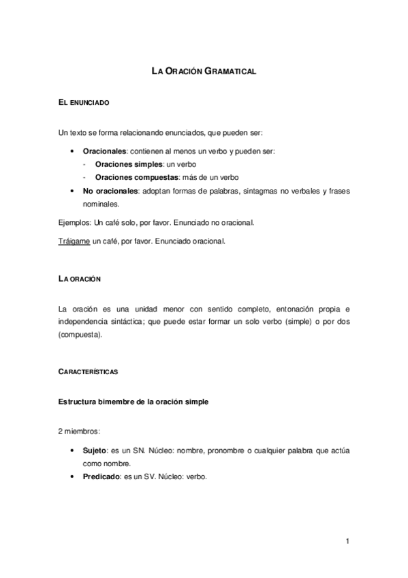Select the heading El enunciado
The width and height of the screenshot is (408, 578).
(84, 102)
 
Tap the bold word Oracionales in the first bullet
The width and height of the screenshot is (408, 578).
(104, 150)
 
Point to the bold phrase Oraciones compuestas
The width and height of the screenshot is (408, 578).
(132, 177)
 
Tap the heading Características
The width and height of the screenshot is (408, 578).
(89, 371)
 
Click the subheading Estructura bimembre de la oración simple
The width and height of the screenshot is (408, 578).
(134, 401)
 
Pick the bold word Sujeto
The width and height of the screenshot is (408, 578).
(95, 451)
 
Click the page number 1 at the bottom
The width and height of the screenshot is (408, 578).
(347, 541)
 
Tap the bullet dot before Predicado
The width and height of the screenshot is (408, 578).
(73, 476)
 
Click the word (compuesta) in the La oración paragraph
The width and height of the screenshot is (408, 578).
(81, 335)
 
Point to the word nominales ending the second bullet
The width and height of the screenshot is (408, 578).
(99, 203)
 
